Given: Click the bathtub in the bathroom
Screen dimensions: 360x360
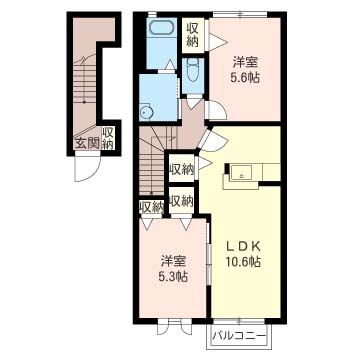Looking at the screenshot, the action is (161, 27).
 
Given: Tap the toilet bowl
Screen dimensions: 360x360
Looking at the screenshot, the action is (193, 69).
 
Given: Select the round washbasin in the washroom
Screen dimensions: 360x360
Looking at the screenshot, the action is (146, 113).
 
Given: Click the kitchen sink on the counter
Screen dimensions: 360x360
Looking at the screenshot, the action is (241, 173).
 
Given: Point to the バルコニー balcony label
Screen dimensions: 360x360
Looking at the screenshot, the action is (240, 335).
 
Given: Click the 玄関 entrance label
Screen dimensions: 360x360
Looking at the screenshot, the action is (88, 143).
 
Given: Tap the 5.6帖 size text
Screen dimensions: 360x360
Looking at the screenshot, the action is (245, 78).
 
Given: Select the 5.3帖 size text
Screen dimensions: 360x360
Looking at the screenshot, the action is (172, 276).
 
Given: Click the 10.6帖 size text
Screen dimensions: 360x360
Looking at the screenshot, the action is (243, 261).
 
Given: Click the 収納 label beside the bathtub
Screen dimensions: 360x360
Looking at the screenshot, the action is (193, 35).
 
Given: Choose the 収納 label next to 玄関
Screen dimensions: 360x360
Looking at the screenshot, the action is (108, 138).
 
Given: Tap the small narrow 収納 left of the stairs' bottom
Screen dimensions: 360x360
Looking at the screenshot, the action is (151, 207).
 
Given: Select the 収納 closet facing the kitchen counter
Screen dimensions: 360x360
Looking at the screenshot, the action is (181, 170).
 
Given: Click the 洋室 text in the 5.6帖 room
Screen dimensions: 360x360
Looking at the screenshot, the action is (246, 63).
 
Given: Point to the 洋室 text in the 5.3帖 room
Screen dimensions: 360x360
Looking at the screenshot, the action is (172, 261).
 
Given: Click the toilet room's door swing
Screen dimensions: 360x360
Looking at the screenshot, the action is (194, 103).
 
